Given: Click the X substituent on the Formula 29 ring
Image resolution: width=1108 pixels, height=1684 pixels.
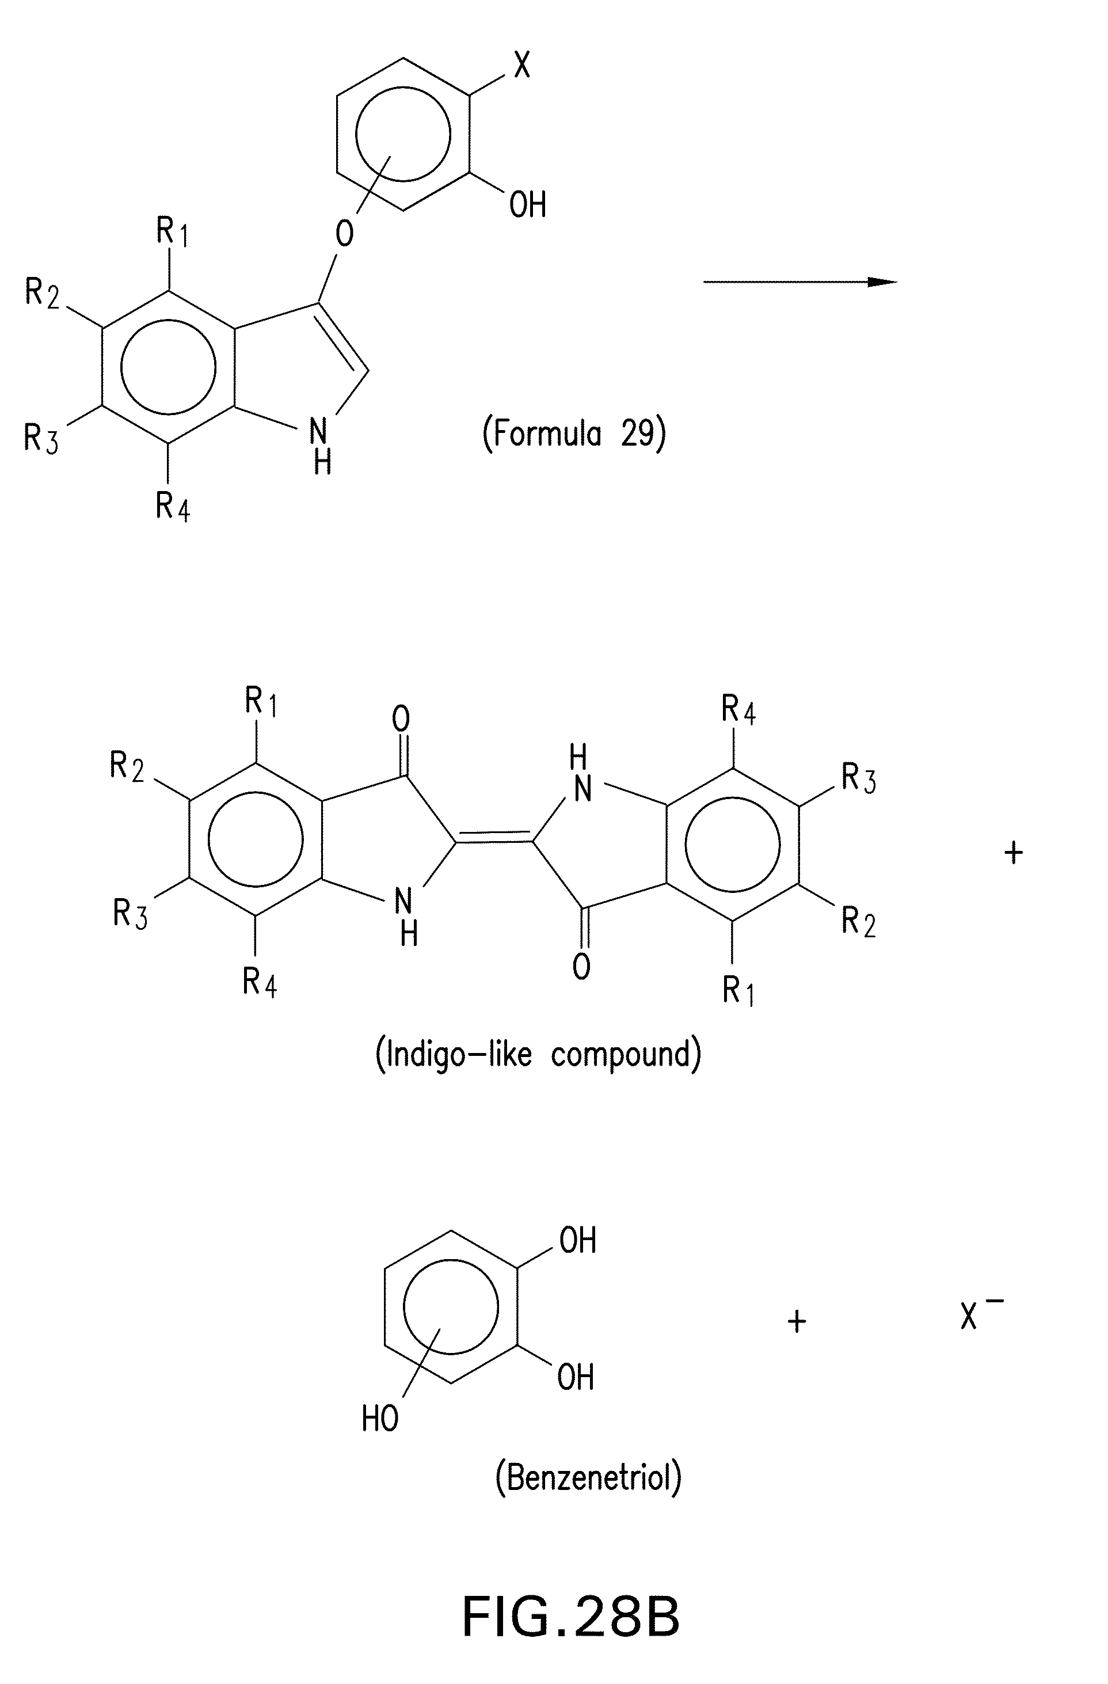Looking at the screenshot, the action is coord(521,66).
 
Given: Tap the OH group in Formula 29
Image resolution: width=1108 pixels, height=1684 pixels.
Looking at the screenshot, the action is coord(527,205).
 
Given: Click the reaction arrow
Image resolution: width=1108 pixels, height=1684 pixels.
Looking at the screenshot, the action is coord(799,282).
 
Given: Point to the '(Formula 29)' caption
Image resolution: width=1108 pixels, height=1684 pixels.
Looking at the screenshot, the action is coord(574,434).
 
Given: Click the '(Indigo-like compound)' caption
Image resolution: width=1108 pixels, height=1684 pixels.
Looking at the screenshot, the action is coord(538,1055).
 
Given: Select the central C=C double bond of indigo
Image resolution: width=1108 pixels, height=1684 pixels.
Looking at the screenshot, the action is coord(494,841).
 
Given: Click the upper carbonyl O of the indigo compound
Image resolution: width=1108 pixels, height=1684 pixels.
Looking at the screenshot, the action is coord(401,719).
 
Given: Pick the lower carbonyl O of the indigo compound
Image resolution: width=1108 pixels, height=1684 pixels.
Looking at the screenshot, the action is coord(581,967).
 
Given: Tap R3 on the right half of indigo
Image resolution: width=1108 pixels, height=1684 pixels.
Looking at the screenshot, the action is coord(858,778).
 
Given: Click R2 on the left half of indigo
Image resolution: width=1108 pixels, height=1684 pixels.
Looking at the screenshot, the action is coord(127,766).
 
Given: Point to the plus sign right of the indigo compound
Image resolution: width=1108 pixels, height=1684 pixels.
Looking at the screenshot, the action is coord(1013,852).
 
